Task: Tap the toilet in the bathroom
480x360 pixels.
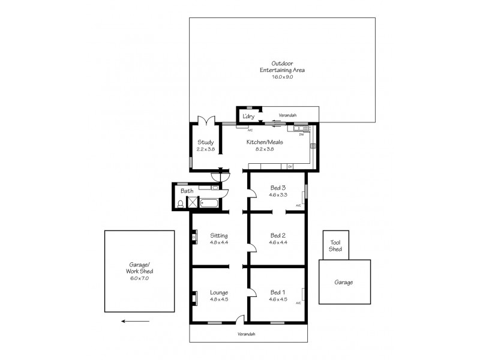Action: point(181,204)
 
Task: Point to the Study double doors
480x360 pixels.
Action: point(206,119)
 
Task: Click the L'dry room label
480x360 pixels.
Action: point(249,116)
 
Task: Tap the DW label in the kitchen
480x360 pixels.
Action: point(302,134)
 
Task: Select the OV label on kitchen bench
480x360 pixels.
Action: point(290,166)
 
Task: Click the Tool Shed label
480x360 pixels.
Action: point(335,246)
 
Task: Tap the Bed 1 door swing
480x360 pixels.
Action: point(254,293)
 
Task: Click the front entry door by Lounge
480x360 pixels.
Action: point(240,319)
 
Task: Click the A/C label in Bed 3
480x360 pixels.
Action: point(298,206)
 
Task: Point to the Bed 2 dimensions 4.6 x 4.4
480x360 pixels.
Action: point(277,243)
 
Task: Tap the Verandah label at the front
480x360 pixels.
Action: point(246,334)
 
